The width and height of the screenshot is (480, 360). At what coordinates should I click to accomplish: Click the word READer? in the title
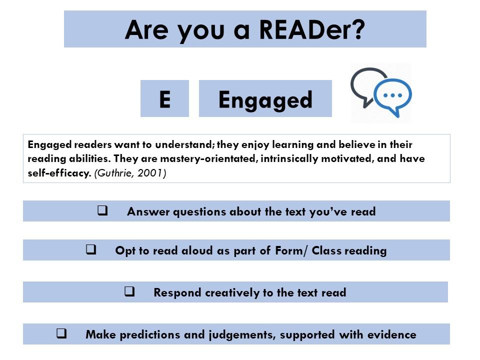312,30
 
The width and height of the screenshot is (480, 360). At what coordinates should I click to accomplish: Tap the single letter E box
164,98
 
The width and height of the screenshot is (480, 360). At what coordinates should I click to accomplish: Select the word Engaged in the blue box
265,100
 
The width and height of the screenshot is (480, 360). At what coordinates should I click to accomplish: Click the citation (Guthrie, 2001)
130,173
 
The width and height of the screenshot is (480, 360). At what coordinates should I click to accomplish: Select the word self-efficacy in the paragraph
59,173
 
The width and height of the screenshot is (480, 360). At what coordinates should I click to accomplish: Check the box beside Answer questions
102,210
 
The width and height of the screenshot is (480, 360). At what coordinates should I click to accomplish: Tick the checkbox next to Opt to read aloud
91,249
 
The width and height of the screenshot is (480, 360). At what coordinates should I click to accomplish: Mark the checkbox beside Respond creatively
129,291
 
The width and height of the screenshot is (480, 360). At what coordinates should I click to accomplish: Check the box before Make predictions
61,333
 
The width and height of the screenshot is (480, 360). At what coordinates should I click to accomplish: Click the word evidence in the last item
392,334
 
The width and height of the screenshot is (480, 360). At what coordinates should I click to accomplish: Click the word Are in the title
146,30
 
